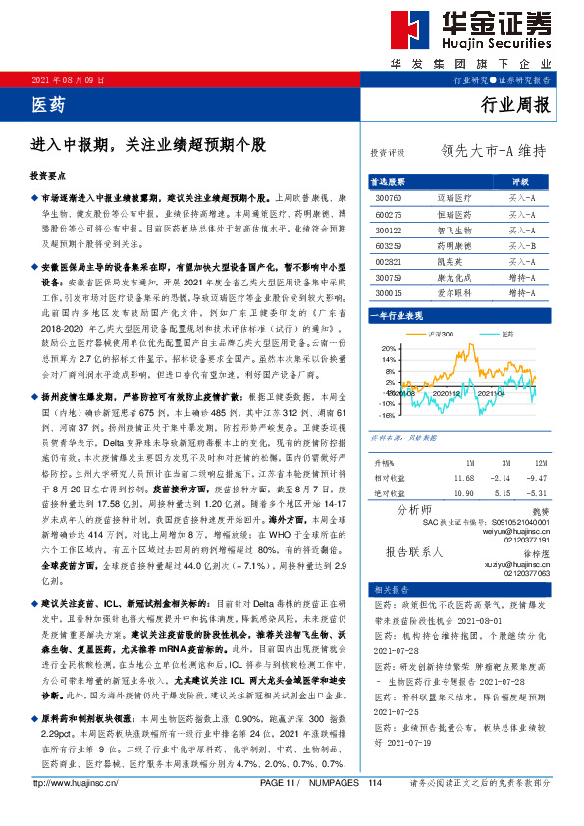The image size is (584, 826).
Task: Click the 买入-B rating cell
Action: click(521, 245)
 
